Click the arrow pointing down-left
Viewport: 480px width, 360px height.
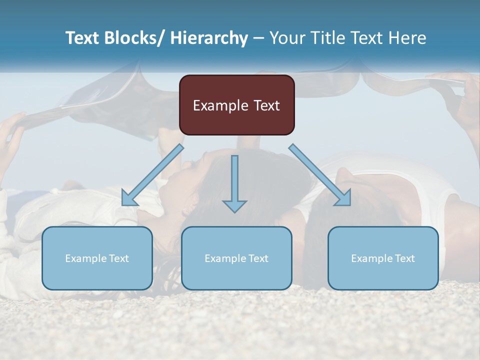[152, 175]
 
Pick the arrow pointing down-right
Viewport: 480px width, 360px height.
[319, 174]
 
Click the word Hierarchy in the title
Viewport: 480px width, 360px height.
[209, 38]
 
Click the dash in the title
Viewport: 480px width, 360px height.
[258, 38]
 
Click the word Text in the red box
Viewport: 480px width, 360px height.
[266, 105]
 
